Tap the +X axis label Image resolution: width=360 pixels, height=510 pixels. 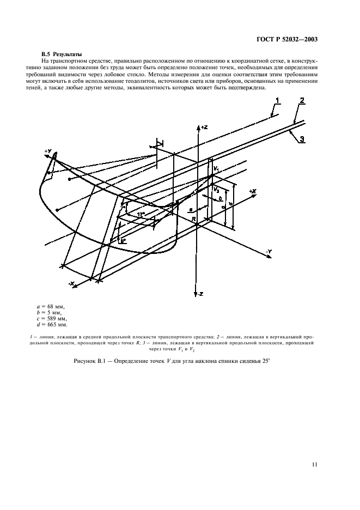coord(252,192)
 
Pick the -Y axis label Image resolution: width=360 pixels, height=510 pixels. coord(269,251)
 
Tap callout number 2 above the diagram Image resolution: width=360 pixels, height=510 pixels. coord(301,100)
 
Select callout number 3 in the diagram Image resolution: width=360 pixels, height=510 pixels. coord(301,139)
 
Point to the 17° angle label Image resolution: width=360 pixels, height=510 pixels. coord(141,214)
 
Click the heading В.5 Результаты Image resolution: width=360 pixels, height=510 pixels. coord(62,54)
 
